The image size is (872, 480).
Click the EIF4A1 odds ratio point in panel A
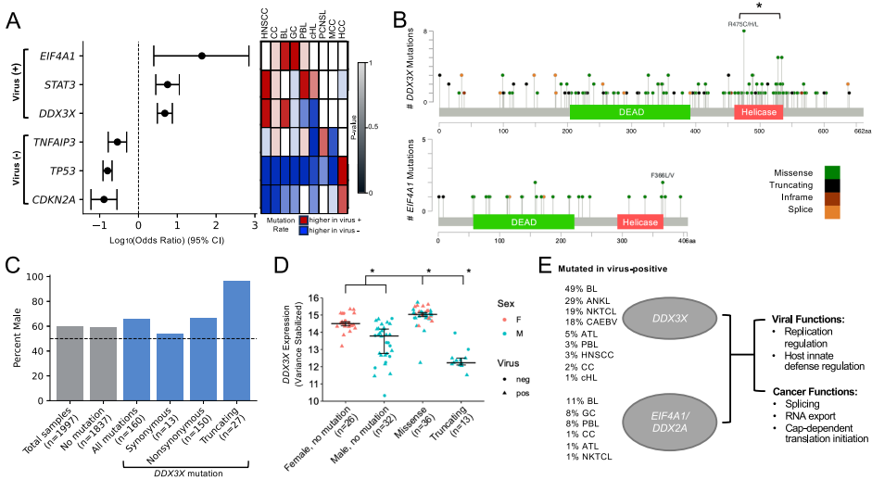pyautogui.click(x=201, y=56)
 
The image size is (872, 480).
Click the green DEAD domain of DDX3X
pyautogui.click(x=629, y=111)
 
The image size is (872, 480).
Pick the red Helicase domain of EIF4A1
pyautogui.click(x=639, y=222)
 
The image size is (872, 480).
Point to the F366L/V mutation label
pyautogui.click(x=664, y=172)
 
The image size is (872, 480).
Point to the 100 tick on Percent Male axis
pyautogui.click(x=34, y=276)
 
